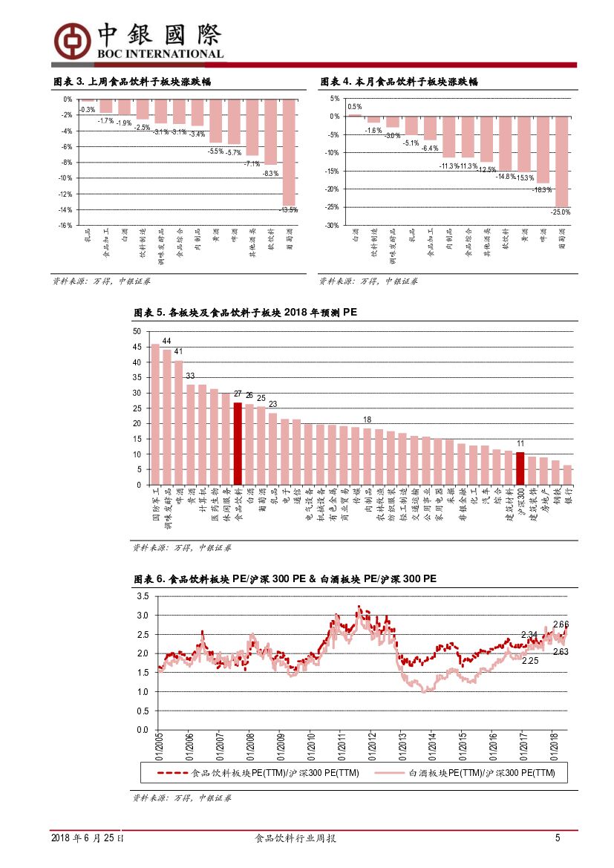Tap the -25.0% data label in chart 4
pyautogui.click(x=561, y=212)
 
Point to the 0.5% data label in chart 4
pyautogui.click(x=355, y=107)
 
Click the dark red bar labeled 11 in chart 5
pyautogui.click(x=520, y=469)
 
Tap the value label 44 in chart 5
pyautogui.click(x=167, y=342)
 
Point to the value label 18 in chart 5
pyautogui.click(x=367, y=420)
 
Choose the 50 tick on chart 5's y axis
pyautogui.click(x=137, y=331)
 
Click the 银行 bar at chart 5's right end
pyautogui.click(x=567, y=475)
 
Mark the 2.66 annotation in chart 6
pyautogui.click(x=561, y=624)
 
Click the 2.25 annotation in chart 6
pyautogui.click(x=530, y=660)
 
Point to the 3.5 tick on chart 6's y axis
pyautogui.click(x=143, y=596)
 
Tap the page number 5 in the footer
pyautogui.click(x=558, y=838)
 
